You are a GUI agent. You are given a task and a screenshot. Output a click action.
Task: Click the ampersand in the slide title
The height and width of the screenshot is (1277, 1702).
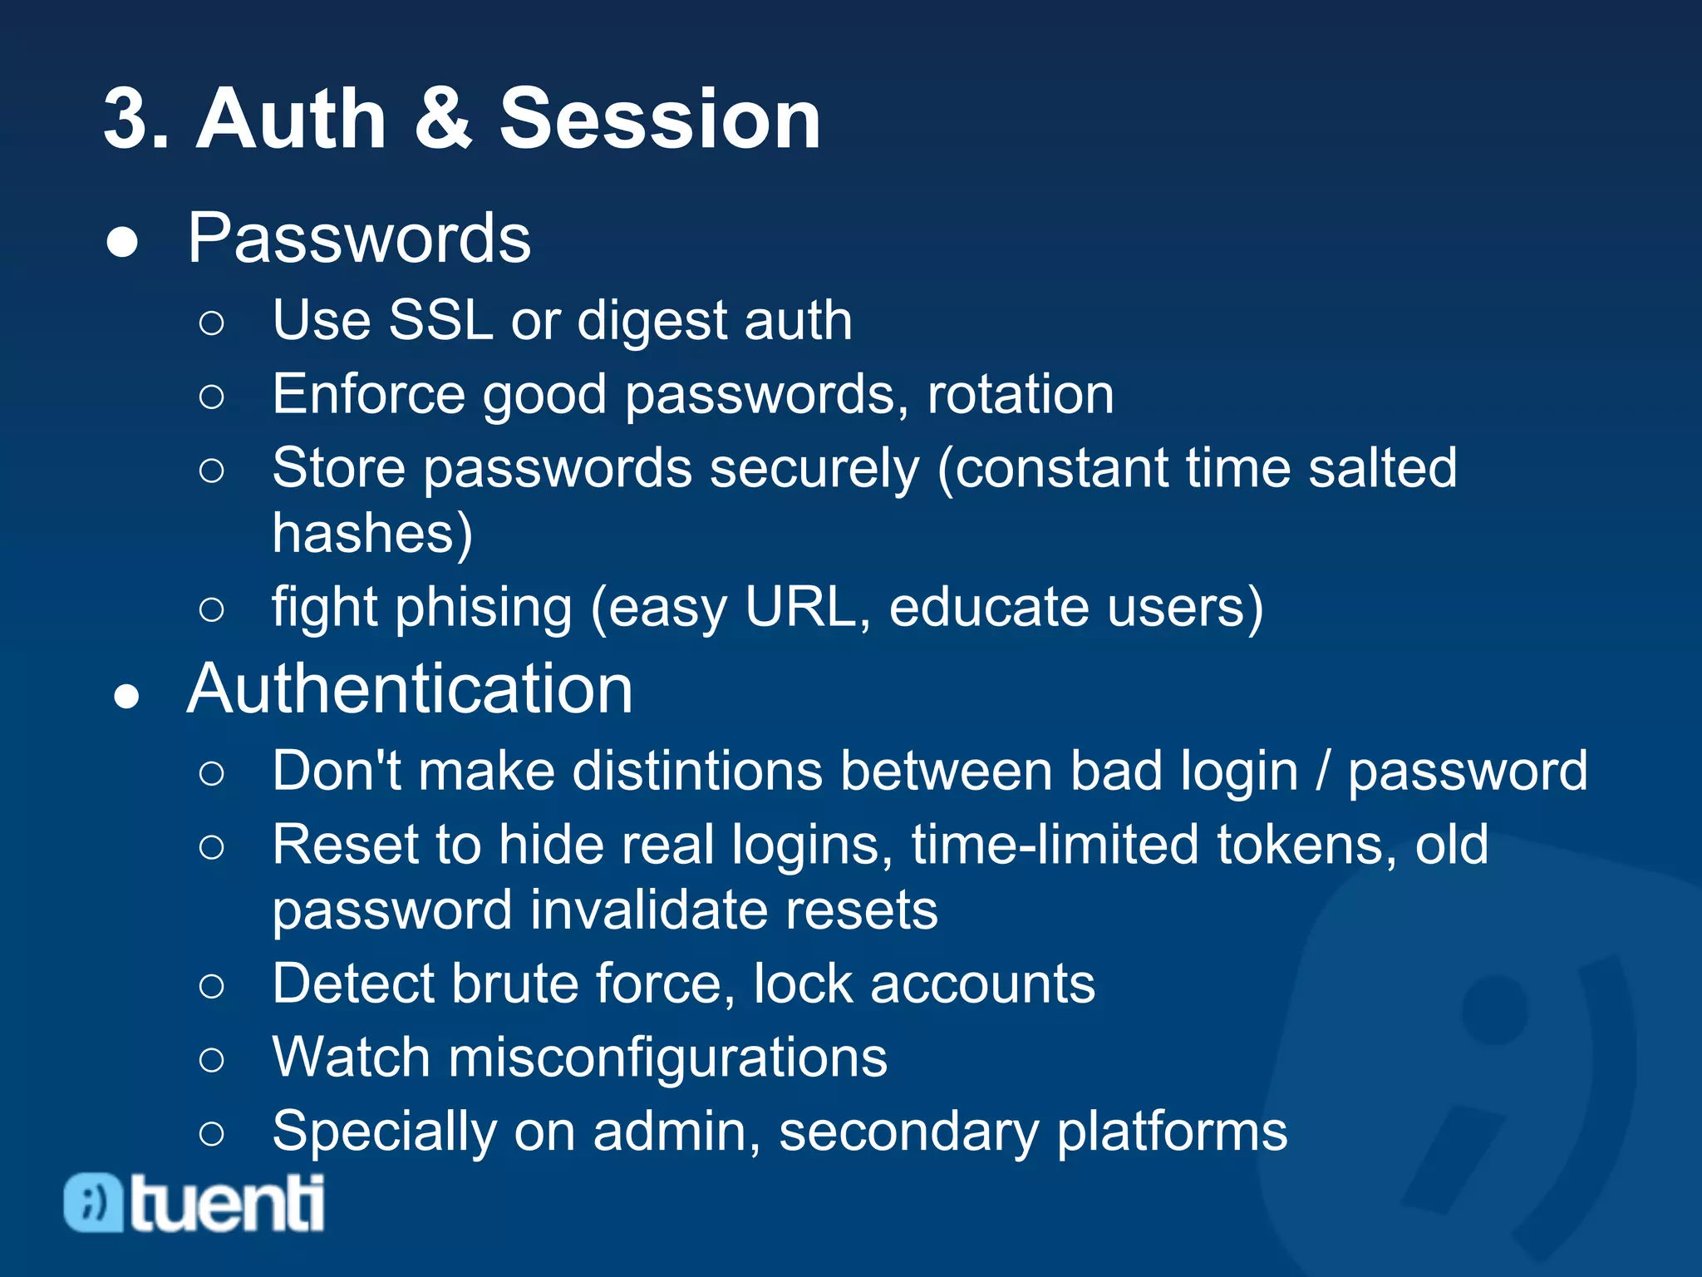[x=443, y=119]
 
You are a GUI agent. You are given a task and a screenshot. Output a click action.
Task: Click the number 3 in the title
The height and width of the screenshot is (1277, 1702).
[x=130, y=119]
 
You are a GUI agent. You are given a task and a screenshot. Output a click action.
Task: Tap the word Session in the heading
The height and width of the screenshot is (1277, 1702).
[x=660, y=119]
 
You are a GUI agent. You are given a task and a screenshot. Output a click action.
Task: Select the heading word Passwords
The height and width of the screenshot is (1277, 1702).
[x=359, y=239]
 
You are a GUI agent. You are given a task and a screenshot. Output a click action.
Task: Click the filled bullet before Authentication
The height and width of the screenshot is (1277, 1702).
[x=126, y=697]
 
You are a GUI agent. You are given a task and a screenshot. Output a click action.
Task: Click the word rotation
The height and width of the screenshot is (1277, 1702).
[x=1021, y=394]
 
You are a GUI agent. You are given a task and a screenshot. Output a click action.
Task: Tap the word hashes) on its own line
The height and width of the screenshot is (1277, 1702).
[x=372, y=533]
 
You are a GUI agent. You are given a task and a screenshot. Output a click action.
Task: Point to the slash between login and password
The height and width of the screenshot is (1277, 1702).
[x=1322, y=772]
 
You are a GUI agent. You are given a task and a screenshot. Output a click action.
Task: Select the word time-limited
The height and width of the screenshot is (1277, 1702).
[x=1055, y=846]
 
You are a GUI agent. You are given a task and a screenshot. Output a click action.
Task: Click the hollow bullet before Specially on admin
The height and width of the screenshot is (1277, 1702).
[x=212, y=1133]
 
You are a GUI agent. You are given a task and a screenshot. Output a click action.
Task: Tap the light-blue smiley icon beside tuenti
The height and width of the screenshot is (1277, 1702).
[x=93, y=1202]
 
